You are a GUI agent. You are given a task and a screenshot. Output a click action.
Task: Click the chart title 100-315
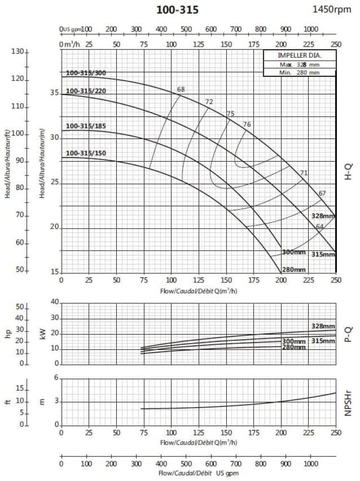coord(177,10)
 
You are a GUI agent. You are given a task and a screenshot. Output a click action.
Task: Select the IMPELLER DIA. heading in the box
coord(299,55)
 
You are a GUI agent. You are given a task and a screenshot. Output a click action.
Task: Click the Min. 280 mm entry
coord(299,73)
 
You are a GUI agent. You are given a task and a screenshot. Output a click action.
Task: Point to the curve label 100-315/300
coord(86,73)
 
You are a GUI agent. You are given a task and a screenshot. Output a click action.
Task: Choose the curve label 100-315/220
coord(86,91)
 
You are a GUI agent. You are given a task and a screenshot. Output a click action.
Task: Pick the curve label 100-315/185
coord(86,126)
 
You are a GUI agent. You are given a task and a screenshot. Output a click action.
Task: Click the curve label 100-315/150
coord(86,153)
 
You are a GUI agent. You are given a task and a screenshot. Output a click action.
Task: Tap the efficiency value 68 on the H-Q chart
coord(181,89)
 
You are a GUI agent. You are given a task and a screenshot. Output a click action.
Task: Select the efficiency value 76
coord(247,125)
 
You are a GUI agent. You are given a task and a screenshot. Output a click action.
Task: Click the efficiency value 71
coord(303,173)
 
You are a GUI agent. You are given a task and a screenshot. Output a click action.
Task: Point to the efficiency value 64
coord(320,227)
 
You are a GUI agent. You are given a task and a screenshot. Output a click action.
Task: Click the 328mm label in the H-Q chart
coord(323,216)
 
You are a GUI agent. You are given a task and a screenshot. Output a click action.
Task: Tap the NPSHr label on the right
coord(349,402)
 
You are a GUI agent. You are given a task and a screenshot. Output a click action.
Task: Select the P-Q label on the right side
coord(349,333)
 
